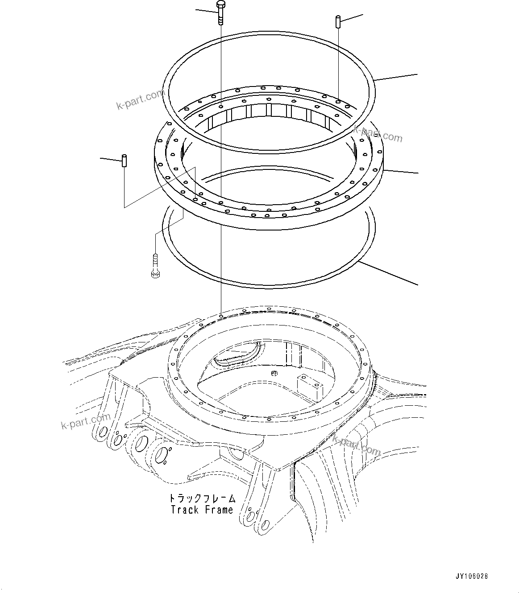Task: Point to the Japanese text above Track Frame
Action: coord(202,498)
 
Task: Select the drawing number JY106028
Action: coord(472,577)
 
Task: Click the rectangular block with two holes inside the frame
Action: coord(309,386)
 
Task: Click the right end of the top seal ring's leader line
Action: coord(417,74)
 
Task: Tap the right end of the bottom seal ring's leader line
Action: coord(417,284)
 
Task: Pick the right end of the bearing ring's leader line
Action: coord(417,173)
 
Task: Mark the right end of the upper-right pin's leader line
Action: coord(362,15)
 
